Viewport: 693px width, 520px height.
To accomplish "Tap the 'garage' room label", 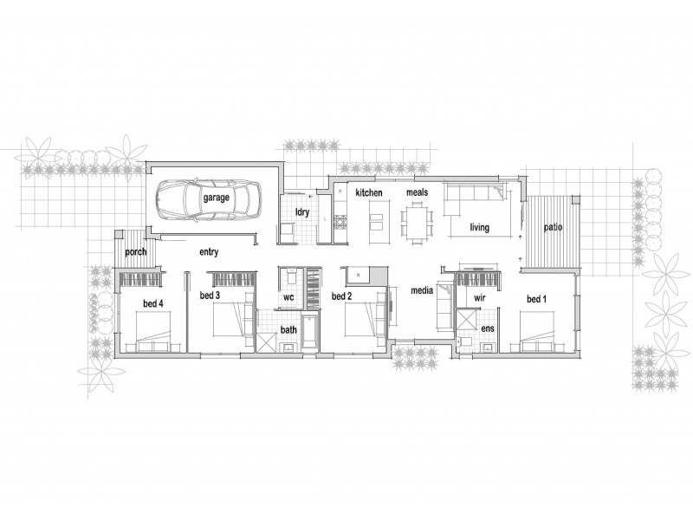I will click(x=217, y=198).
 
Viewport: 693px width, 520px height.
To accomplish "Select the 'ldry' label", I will click(x=302, y=211).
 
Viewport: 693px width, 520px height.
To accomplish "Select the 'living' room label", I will click(x=480, y=228).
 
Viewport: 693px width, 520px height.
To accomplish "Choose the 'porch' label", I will click(x=135, y=252).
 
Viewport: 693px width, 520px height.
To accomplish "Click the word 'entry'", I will click(x=209, y=252).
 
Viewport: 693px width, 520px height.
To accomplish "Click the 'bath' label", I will click(x=288, y=330).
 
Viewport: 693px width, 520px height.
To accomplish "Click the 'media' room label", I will click(x=422, y=292).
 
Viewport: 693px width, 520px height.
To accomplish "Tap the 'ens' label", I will click(x=488, y=329).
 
